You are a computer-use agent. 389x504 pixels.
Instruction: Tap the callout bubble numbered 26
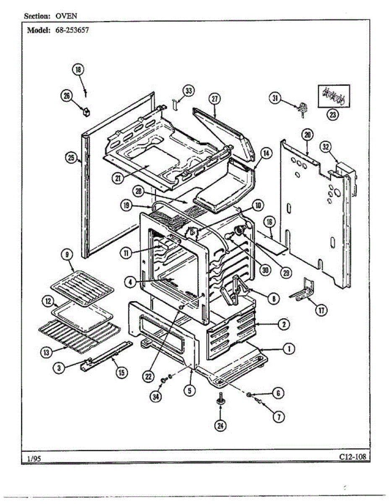click(67, 96)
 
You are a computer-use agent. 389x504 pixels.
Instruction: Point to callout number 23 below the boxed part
click(334, 116)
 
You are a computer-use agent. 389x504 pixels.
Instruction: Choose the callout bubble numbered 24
click(220, 426)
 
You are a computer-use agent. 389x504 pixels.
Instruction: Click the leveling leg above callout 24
click(220, 399)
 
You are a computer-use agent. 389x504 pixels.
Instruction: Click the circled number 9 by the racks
click(67, 255)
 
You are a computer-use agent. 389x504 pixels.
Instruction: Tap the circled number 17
click(322, 310)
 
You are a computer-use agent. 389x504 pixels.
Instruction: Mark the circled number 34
click(156, 397)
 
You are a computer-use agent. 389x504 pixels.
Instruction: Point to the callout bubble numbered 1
click(289, 348)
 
